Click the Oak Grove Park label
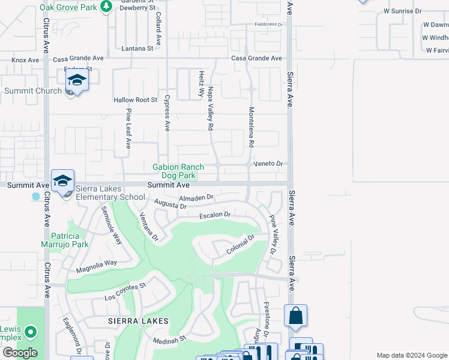tap(68, 7)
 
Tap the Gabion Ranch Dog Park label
tap(178, 171)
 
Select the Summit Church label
tap(32, 91)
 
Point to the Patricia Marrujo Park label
tap(70, 240)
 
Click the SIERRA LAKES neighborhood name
tap(138, 321)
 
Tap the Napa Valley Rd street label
tap(210, 109)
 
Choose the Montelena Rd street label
tap(252, 127)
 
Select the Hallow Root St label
tap(135, 100)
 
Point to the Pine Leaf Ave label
tap(128, 128)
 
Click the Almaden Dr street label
tap(196, 197)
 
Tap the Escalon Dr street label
tap(215, 214)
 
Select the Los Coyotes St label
tap(125, 292)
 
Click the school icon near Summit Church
tap(77, 80)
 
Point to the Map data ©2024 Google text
tap(411, 355)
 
